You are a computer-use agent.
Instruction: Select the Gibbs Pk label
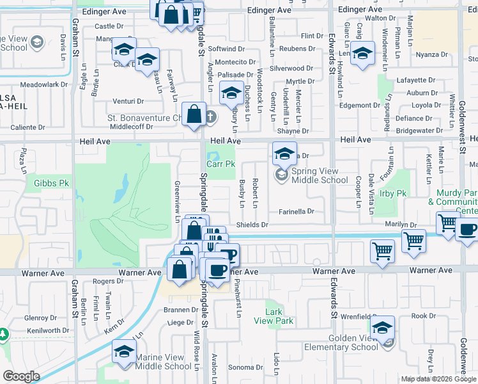pyautogui.click(x=46, y=183)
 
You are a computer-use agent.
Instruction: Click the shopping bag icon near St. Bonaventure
pyautogui.click(x=194, y=115)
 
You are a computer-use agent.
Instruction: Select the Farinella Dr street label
pyautogui.click(x=297, y=211)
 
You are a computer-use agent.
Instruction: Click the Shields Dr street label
pyautogui.click(x=252, y=225)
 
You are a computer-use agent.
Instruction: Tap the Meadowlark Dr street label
pyautogui.click(x=44, y=84)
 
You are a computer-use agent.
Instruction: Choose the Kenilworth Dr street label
pyautogui.click(x=40, y=330)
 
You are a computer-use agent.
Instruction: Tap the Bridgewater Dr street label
pyautogui.click(x=419, y=131)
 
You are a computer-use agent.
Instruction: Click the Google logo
pyautogui.click(x=21, y=376)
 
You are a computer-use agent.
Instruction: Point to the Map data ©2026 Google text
pyautogui.click(x=438, y=379)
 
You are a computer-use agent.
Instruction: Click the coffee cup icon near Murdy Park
pyautogui.click(x=468, y=229)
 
